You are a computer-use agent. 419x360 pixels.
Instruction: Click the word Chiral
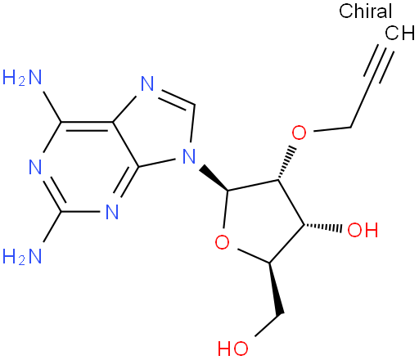tap(365, 11)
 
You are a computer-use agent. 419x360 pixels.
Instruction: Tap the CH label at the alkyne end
tap(399, 33)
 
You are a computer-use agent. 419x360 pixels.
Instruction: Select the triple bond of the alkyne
tap(379, 62)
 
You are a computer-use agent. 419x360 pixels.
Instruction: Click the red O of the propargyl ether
tap(299, 133)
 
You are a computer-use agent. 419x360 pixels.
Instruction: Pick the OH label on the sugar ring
tap(363, 230)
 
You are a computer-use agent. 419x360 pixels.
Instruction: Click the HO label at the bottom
tap(233, 348)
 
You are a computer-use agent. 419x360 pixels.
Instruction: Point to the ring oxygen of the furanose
tap(222, 241)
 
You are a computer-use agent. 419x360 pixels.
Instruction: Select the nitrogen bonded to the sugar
tap(189, 156)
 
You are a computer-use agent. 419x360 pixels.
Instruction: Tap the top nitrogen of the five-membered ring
tap(147, 83)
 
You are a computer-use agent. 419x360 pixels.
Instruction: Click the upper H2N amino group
tap(22, 77)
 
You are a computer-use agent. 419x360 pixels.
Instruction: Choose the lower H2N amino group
tap(22, 256)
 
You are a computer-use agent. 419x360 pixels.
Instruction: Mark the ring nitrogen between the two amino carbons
tap(35, 167)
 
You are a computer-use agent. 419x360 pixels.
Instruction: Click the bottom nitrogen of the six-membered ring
tap(112, 212)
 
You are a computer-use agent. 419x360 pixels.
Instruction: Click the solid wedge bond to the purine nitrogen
tap(214, 178)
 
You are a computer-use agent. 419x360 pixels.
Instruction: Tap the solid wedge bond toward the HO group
tap(276, 290)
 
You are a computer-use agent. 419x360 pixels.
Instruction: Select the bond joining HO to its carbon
tap(267, 325)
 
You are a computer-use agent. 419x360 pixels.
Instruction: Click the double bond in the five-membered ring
tap(175, 98)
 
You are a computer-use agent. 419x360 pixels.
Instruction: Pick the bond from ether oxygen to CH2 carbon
tap(331, 129)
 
